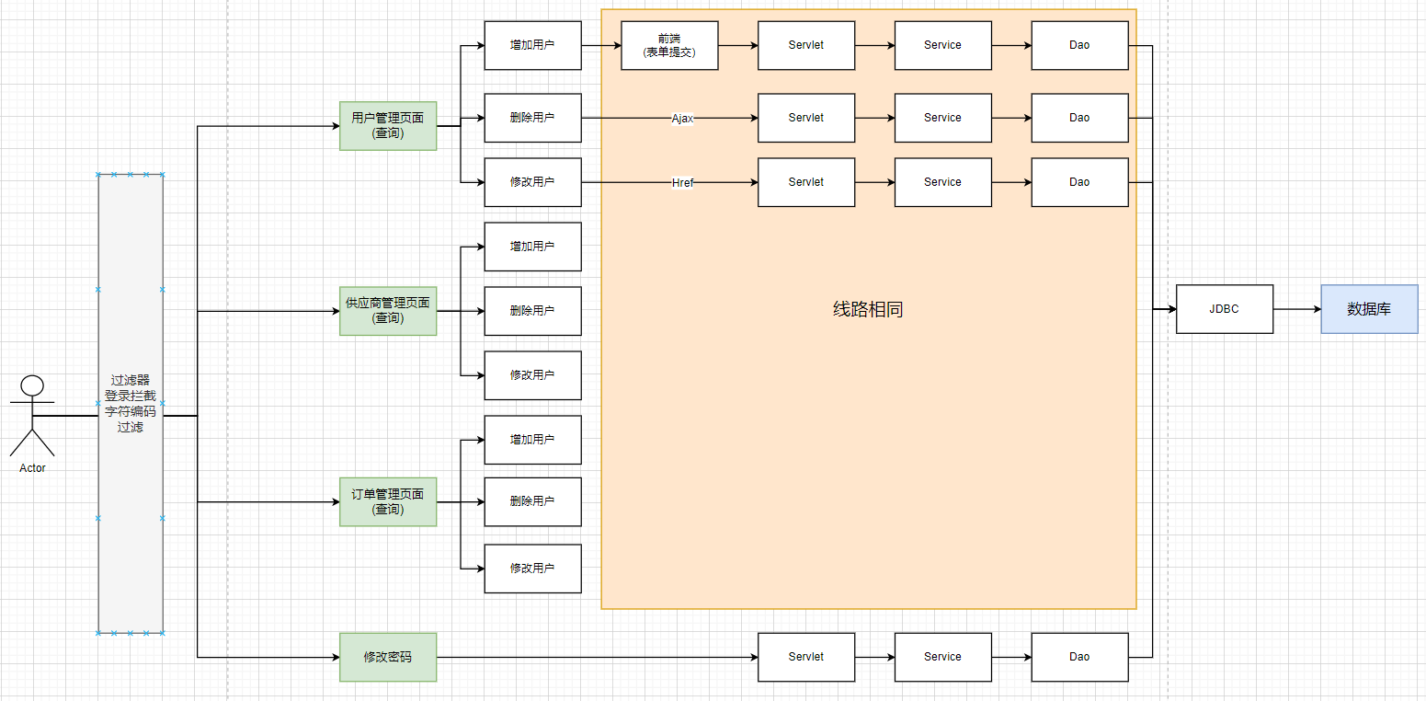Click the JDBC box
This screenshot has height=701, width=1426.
click(x=1225, y=309)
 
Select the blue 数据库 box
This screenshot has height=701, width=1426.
click(x=1369, y=309)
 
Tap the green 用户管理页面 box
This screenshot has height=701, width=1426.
click(x=388, y=126)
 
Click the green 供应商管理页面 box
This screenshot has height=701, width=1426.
click(x=388, y=311)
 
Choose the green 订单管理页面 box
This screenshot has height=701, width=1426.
click(x=388, y=501)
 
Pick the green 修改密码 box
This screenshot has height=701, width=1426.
click(x=388, y=657)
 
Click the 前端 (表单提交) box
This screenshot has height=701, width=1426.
click(x=669, y=45)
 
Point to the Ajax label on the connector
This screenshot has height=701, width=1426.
click(x=682, y=119)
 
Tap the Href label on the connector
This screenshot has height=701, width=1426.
click(x=682, y=183)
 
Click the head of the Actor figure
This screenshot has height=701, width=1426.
click(x=32, y=385)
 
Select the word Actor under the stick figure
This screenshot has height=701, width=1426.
click(x=32, y=468)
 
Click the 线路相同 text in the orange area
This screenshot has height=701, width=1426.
click(x=868, y=309)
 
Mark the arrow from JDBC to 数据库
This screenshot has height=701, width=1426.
click(x=1297, y=309)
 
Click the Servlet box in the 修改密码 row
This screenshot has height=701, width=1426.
click(x=806, y=657)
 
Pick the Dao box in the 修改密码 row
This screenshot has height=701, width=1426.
click(x=1079, y=657)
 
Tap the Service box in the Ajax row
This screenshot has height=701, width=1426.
click(x=942, y=118)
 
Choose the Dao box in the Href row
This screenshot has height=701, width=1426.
click(x=1079, y=182)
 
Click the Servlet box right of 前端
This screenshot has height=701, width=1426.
click(x=806, y=45)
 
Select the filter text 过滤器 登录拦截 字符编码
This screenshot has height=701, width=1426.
click(x=131, y=396)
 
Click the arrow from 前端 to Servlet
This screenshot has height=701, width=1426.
click(x=738, y=45)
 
